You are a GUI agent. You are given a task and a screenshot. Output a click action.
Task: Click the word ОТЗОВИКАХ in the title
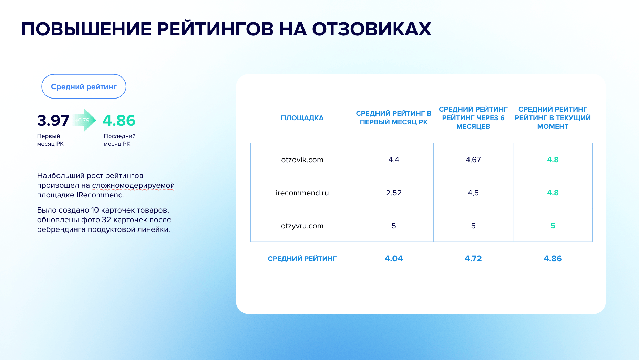[372, 29]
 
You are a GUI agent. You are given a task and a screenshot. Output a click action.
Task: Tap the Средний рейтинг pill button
[84, 86]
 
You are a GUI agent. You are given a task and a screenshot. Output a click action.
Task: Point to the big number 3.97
[53, 121]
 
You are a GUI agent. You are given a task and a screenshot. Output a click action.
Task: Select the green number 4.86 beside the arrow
[119, 121]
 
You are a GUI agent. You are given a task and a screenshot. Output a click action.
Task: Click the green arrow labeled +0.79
[84, 120]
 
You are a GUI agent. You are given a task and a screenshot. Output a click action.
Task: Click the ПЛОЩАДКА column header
[302, 118]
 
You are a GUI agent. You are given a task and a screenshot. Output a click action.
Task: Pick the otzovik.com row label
[302, 160]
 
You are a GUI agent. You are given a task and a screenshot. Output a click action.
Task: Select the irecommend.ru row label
[302, 193]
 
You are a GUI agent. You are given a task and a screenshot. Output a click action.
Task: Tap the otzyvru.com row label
[302, 226]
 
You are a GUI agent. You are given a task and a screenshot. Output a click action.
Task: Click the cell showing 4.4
[394, 160]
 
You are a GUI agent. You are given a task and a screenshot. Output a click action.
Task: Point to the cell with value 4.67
[473, 160]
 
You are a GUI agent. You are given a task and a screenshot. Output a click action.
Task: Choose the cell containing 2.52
[394, 193]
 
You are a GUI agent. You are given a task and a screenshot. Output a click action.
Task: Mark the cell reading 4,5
[473, 193]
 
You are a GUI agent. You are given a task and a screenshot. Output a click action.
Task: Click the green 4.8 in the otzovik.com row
[553, 160]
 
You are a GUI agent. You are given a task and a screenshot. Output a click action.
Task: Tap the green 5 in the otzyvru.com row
[553, 226]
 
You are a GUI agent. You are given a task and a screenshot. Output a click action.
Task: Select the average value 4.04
[394, 258]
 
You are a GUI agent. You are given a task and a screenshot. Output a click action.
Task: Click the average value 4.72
[473, 258]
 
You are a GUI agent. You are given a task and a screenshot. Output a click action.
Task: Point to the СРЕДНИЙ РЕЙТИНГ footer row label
[302, 259]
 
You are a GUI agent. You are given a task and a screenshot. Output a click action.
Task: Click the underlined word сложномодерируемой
[133, 185]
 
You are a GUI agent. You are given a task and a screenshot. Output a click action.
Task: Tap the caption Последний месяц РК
[120, 140]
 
